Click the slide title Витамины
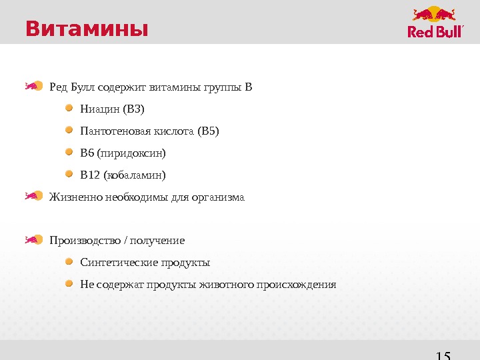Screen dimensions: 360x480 pyautogui.click(x=86, y=29)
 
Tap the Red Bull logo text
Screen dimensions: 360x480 pyautogui.click(x=435, y=32)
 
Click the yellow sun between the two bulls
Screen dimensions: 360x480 pyautogui.click(x=435, y=14)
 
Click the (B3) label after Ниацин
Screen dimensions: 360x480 pyautogui.click(x=133, y=109)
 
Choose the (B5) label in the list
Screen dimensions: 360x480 pyautogui.click(x=208, y=131)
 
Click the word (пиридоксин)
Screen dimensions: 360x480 pyautogui.click(x=131, y=153)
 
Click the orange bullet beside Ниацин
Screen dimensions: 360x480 pyautogui.click(x=70, y=108)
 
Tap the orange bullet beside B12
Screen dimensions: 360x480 pyautogui.click(x=70, y=175)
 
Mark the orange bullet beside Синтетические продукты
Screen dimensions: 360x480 pyautogui.click(x=70, y=262)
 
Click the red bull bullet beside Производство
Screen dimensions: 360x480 pyautogui.click(x=33, y=239)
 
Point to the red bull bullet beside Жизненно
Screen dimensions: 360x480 pyautogui.click(x=33, y=196)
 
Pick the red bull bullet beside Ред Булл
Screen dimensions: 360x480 pyautogui.click(x=33, y=86)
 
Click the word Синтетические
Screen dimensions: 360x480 pyautogui.click(x=111, y=263)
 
